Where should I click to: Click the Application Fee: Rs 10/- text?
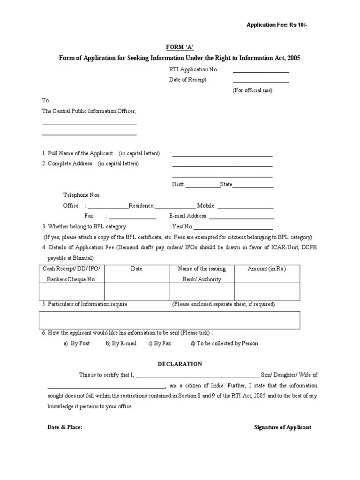pyautogui.click(x=277, y=25)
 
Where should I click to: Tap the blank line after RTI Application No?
pyautogui.click(x=261, y=71)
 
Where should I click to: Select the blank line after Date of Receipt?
pyautogui.click(x=261, y=82)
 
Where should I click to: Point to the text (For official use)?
pyautogui.click(x=252, y=90)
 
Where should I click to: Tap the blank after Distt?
pyautogui.click(x=203, y=186)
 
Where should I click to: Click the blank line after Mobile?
pyautogui.click(x=245, y=208)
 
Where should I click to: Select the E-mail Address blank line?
pyautogui.click(x=241, y=218)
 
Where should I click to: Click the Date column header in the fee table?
pyautogui.click(x=136, y=269)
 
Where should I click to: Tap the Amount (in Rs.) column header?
pyautogui.click(x=267, y=269)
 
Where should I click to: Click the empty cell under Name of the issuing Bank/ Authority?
pyautogui.click(x=202, y=291)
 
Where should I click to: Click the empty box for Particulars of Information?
pyautogui.click(x=170, y=320)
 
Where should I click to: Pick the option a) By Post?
pyautogui.click(x=76, y=344)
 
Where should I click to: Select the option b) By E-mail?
pyautogui.click(x=121, y=344)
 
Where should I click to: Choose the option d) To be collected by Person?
pyautogui.click(x=224, y=344)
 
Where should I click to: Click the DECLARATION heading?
pyautogui.click(x=180, y=364)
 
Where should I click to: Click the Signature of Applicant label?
pyautogui.click(x=282, y=427)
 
